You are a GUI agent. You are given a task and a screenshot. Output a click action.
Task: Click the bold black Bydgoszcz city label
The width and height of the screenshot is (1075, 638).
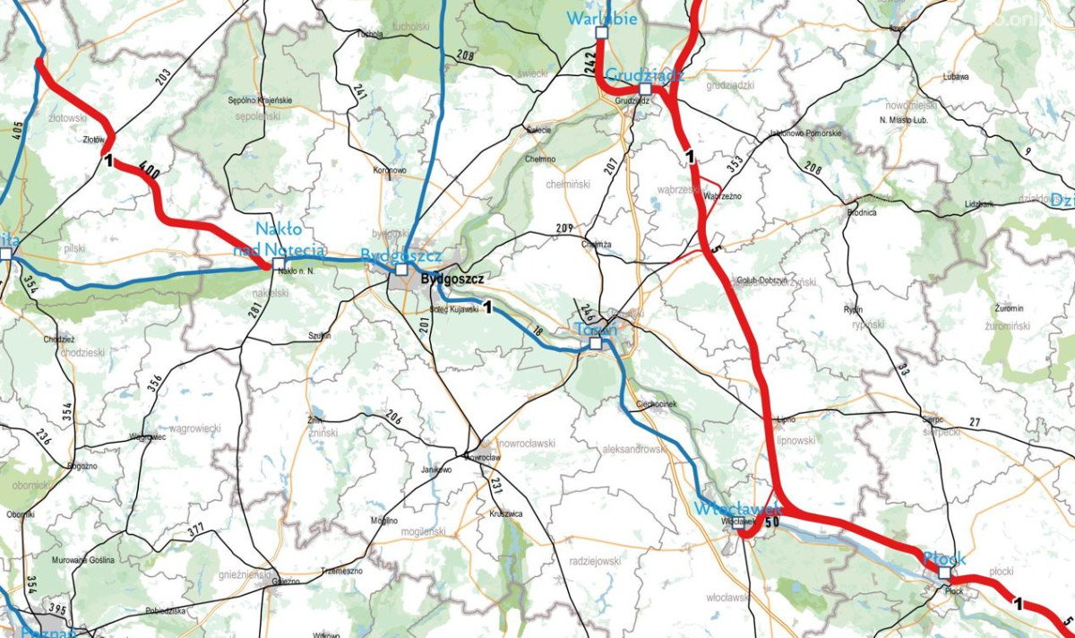coord(452,280)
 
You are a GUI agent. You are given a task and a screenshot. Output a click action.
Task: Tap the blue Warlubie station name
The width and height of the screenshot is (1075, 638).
coord(600,19)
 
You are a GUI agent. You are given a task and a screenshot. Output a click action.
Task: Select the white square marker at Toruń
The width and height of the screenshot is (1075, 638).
coord(596,342)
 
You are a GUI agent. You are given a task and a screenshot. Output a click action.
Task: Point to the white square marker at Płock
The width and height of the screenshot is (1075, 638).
coord(943,572)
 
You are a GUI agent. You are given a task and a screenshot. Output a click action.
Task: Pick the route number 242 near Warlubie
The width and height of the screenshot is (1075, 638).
coord(589,62)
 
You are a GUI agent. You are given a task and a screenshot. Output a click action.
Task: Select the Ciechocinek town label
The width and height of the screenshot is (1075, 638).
coord(656,404)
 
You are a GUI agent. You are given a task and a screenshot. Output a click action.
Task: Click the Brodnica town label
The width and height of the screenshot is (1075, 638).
coord(861,212)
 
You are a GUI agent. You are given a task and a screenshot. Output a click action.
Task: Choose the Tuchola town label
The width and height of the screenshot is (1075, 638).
coord(369,35)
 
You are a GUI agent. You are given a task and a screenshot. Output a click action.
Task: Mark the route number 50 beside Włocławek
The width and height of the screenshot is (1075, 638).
coord(772,522)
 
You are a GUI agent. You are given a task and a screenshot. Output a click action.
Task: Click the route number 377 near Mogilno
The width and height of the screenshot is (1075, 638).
coord(196,532)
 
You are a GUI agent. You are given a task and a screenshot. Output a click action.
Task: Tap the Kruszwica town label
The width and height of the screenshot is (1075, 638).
coord(506,513)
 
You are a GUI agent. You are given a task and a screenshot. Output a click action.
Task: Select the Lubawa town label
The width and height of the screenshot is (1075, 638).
coord(956,77)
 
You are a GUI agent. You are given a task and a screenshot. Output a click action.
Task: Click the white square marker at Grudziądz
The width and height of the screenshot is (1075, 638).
coord(645,89)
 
